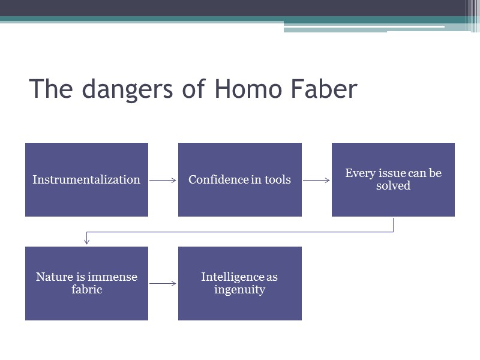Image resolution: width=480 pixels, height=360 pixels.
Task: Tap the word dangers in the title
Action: [125, 91]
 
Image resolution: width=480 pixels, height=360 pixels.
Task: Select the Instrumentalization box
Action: [86, 179]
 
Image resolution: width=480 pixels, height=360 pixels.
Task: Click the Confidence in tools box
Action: [239, 179]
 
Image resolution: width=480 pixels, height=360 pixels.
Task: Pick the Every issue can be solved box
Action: [393, 179]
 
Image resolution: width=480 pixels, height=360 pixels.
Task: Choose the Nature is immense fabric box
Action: [86, 283]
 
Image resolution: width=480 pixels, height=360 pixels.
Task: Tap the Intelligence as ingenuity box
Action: [239, 283]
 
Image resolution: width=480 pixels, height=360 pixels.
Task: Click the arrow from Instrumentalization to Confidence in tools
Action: [163, 180]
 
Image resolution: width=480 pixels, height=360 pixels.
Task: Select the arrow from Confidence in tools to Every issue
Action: [316, 180]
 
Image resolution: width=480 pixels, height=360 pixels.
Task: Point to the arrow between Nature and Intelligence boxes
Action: [163, 283]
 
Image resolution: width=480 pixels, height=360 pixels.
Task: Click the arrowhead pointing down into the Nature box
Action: [87, 241]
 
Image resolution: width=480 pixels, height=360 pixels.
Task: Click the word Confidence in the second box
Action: [214, 179]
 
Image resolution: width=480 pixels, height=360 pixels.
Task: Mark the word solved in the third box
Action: [393, 186]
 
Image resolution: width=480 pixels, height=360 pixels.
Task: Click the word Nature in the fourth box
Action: [55, 277]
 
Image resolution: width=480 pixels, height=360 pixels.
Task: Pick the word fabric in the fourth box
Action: [86, 290]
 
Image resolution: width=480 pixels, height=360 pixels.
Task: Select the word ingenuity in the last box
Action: [239, 290]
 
